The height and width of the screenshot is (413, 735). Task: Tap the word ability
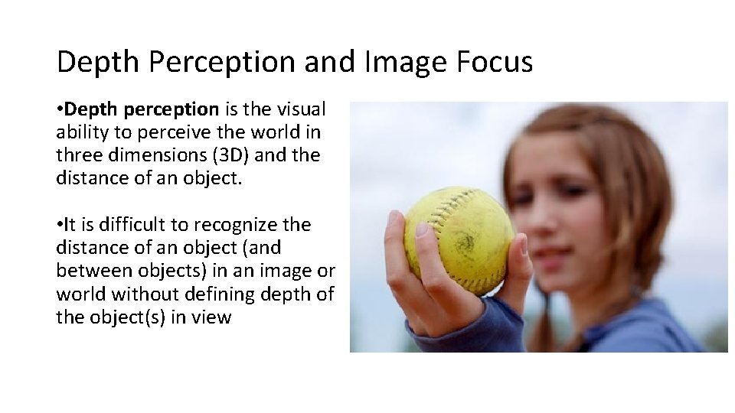pyautogui.click(x=80, y=133)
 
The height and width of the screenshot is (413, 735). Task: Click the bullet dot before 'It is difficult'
pyautogui.click(x=59, y=225)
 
